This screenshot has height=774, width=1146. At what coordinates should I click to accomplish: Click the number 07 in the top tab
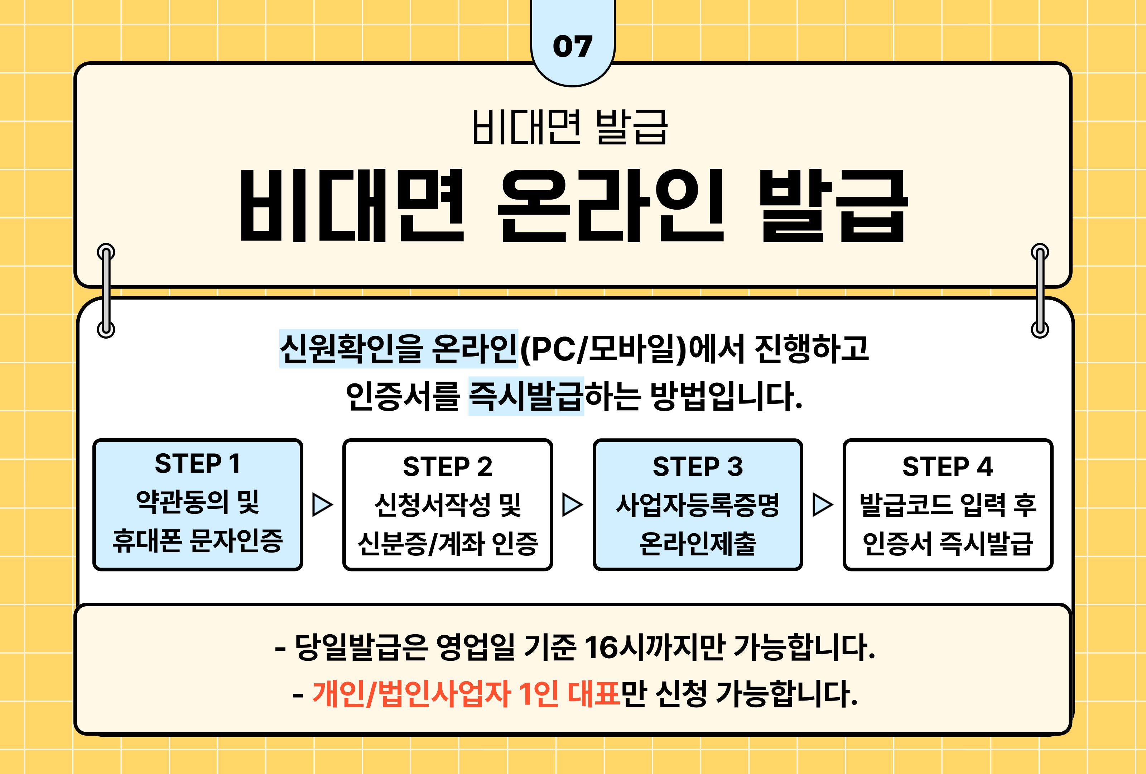[x=573, y=46]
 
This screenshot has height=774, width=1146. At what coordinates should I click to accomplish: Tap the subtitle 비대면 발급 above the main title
[x=570, y=127]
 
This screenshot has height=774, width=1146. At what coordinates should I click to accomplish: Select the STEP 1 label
[x=197, y=464]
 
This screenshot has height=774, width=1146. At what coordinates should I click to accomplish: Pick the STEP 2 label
[x=447, y=467]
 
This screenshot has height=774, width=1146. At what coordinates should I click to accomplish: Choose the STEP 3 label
[x=697, y=467]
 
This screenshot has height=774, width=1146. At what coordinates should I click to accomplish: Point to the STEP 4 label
[x=947, y=467]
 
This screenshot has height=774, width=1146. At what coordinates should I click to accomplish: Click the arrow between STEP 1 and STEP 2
[x=323, y=504]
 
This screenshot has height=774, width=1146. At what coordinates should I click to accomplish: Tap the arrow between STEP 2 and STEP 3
[x=573, y=504]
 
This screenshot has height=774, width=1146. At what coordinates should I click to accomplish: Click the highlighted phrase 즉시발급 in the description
[x=526, y=396]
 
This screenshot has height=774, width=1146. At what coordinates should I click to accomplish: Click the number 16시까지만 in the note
[x=655, y=647]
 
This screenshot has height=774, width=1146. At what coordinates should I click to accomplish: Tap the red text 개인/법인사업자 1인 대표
[x=466, y=694]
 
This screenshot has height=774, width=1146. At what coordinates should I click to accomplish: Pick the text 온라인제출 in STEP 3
[x=697, y=543]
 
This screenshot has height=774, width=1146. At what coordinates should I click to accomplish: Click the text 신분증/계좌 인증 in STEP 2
[x=447, y=543]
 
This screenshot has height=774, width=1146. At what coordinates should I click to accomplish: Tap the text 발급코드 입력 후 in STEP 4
[x=947, y=505]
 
